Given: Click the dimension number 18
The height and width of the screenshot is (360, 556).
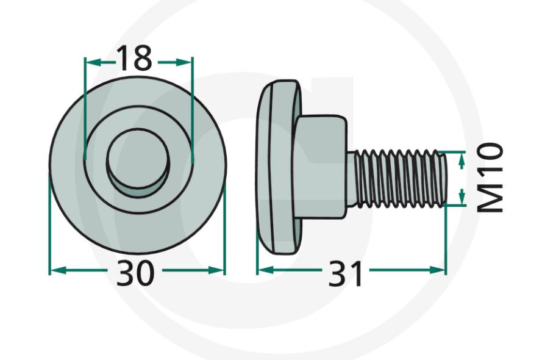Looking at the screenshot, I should click(x=134, y=59).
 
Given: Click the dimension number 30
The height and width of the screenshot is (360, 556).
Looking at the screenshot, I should click(x=135, y=273).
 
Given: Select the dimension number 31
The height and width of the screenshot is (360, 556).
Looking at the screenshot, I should click(x=346, y=274).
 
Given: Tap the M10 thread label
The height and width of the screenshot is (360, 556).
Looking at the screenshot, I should click(x=491, y=178).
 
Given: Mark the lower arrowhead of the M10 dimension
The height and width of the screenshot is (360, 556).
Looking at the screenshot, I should click(x=462, y=198).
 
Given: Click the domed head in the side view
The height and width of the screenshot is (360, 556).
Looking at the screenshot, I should click(x=277, y=168).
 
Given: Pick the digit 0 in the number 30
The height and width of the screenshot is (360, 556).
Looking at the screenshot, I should click(x=144, y=273).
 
